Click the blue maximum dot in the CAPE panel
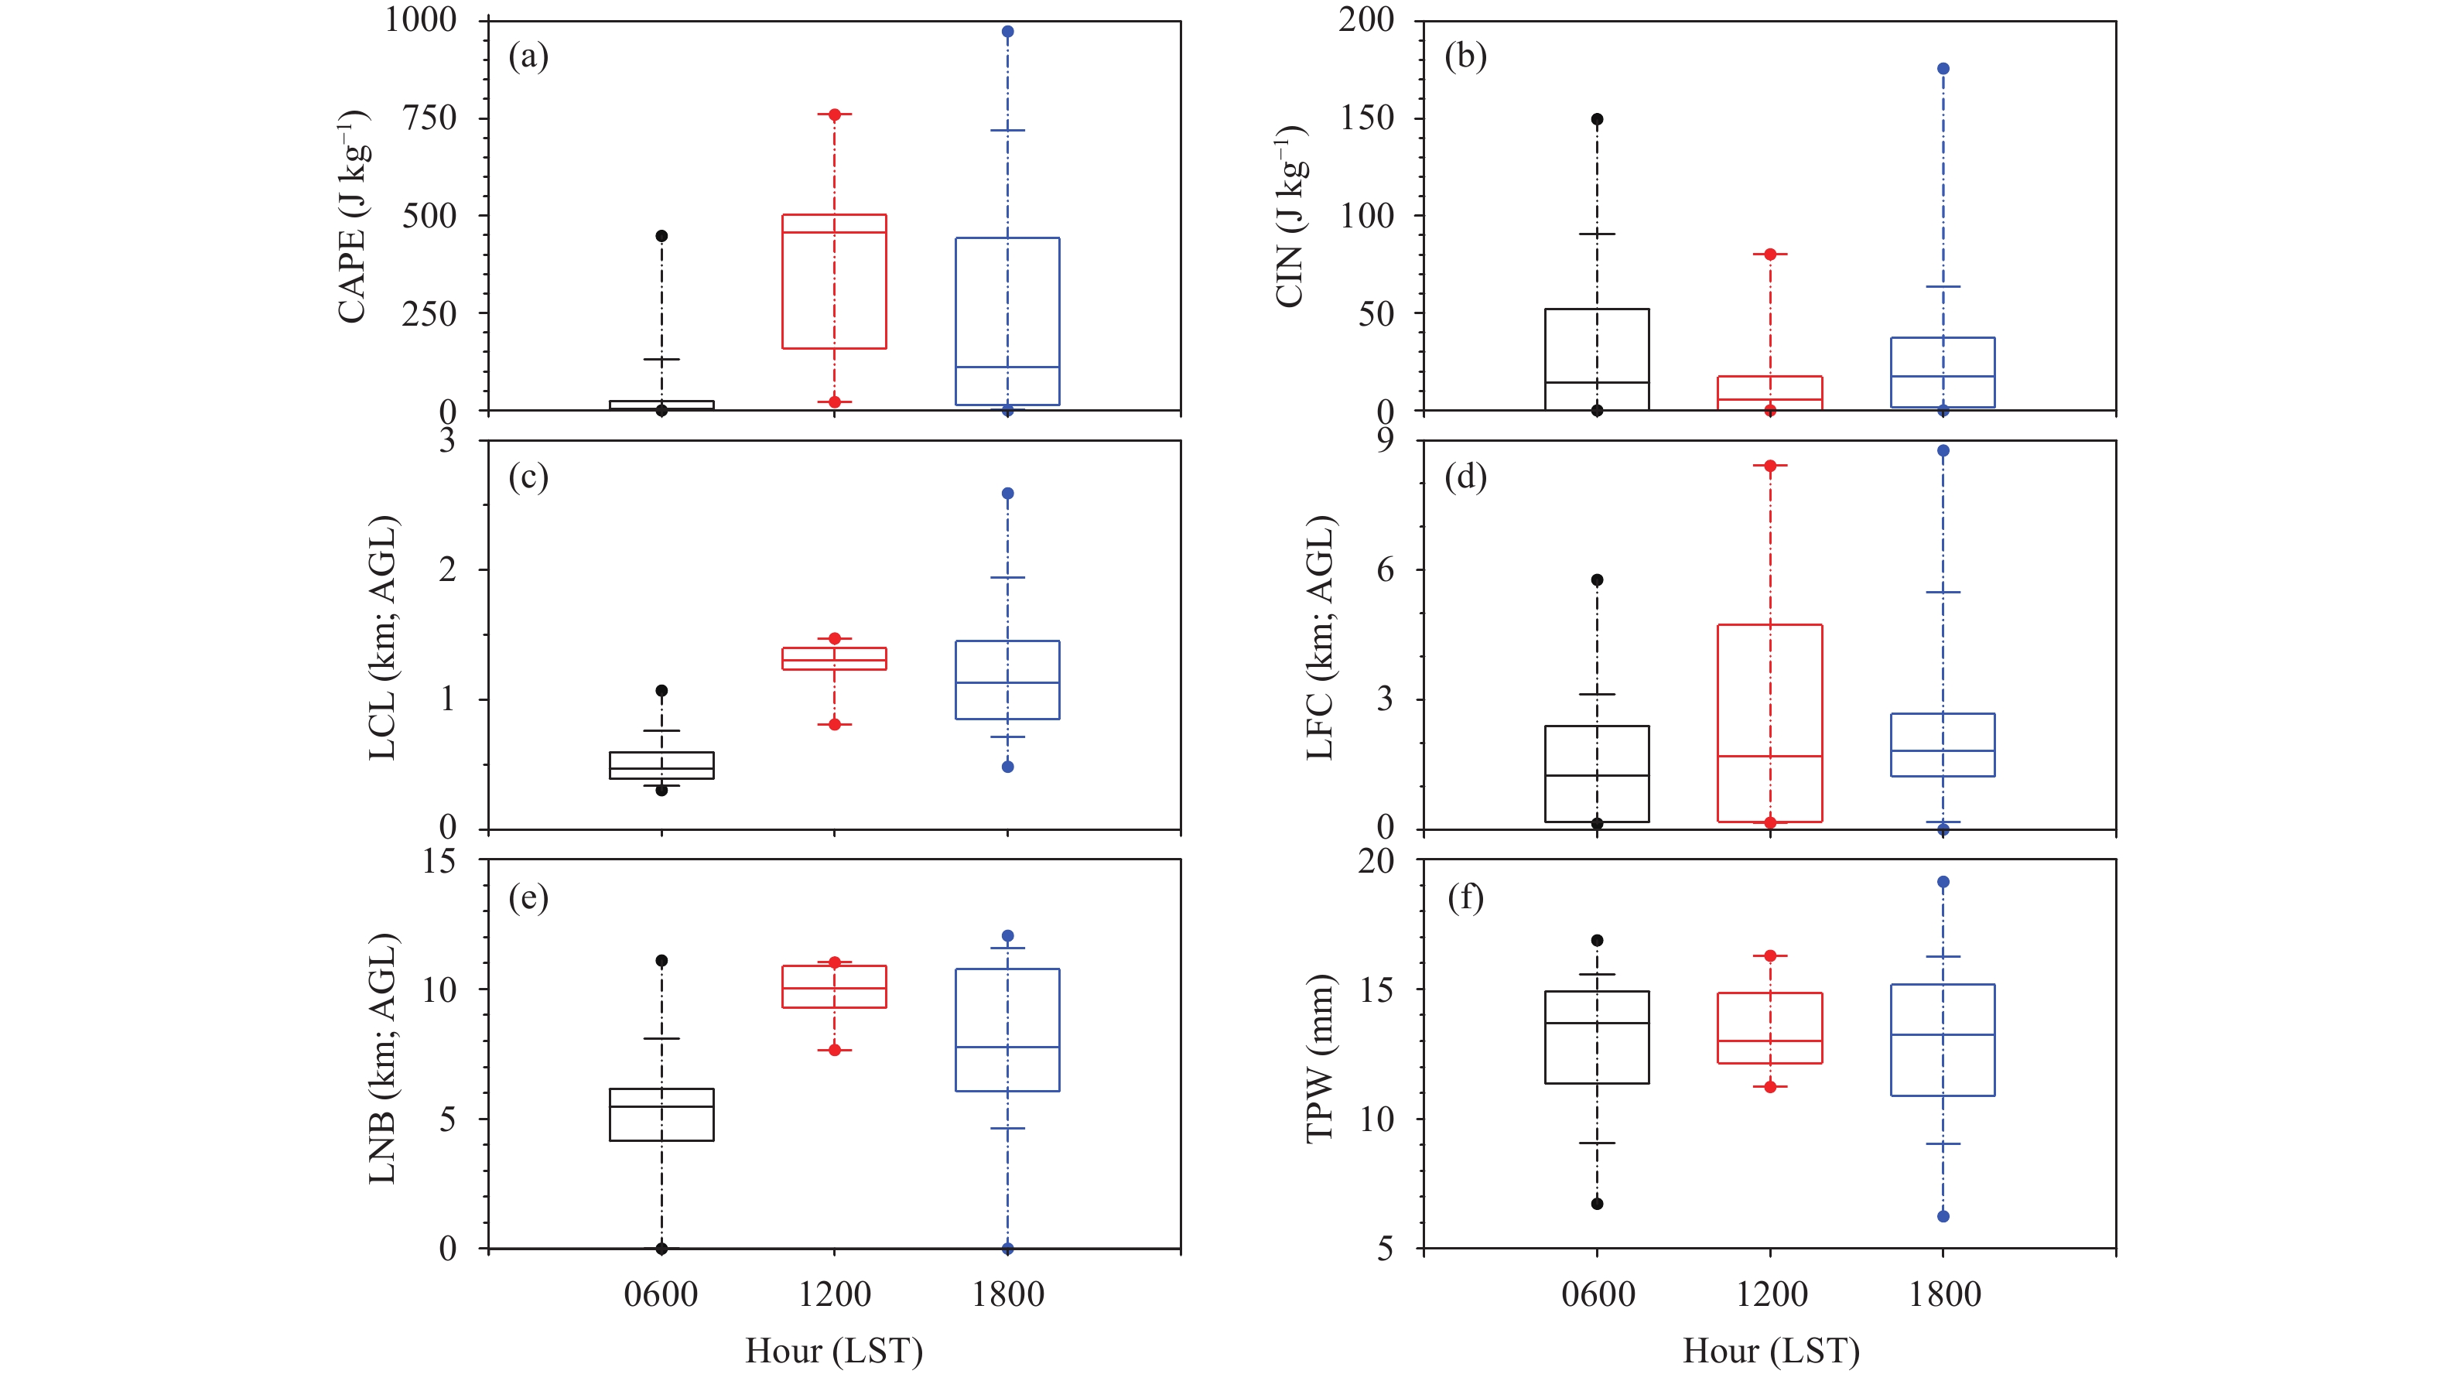click(1007, 31)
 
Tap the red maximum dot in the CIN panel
click(1770, 254)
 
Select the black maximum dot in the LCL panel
click(661, 691)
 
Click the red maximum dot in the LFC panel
click(1770, 466)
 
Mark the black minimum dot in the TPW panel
click(1597, 1204)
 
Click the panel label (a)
click(528, 56)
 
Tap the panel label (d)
click(1465, 477)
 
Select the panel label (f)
click(1465, 897)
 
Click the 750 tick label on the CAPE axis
click(429, 118)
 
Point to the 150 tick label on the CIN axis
click(1366, 118)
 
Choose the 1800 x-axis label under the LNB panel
click(1007, 1294)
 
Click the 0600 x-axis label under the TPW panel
click(1598, 1294)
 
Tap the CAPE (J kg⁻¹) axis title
click(353, 217)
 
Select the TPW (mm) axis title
click(1319, 1058)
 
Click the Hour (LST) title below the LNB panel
click(833, 1350)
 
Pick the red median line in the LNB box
click(833, 988)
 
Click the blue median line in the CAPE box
click(1007, 366)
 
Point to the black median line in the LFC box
click(1597, 775)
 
